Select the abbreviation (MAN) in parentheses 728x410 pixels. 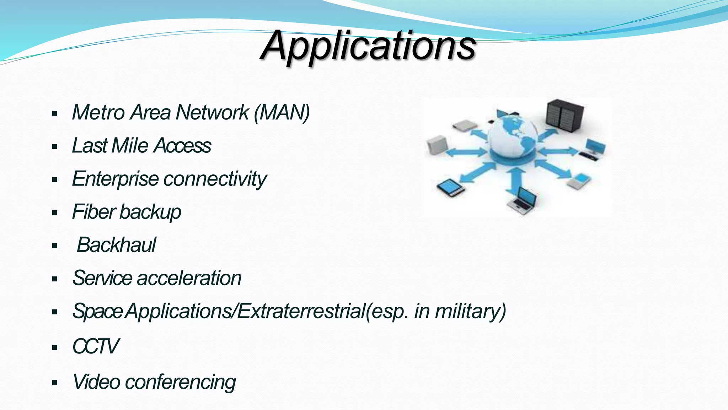point(282,112)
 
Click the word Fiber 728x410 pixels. point(94,212)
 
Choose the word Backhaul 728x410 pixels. point(116,245)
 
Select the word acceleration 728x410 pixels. point(189,278)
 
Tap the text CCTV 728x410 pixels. point(95,346)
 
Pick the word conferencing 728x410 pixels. point(180,382)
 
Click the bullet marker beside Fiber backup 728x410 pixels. point(54,213)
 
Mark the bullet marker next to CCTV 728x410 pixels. point(54,347)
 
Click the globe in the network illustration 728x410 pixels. point(512,137)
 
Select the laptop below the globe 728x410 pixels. point(523,201)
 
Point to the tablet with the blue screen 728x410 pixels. point(450,188)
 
